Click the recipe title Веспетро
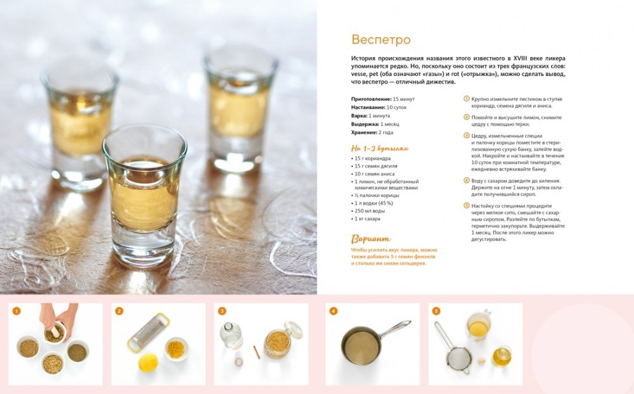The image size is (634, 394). pos(381,40)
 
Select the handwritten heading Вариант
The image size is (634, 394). pos(371,239)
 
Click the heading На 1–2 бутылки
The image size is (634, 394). pos(380,148)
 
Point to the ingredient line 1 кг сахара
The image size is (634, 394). pos(366,219)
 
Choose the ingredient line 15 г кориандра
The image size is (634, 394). pos(371,158)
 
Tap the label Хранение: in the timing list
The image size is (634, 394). pos(364,132)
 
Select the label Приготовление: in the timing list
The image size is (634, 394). pos(371,99)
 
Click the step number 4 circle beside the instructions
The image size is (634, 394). pos(466,181)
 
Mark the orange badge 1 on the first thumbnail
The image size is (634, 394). pos(16,311)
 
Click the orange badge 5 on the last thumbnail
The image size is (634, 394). pos(436,311)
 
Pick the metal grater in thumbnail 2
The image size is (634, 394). pos(148,332)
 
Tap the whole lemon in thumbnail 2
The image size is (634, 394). pos(148,362)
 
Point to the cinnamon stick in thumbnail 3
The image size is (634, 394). pos(257,352)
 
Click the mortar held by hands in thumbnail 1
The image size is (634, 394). pos(54,333)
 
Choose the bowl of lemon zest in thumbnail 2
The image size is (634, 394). pos(176,349)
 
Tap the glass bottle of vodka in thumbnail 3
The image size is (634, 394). pos(231,335)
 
